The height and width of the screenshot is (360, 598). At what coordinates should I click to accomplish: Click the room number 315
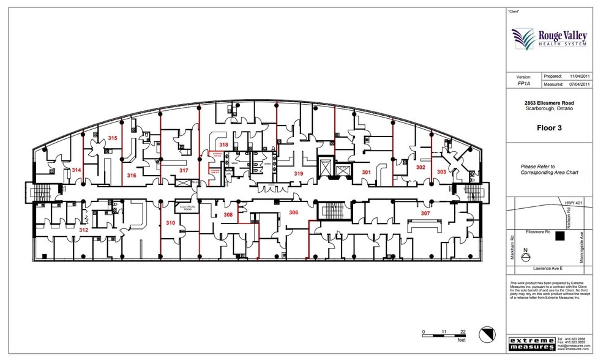click(113, 138)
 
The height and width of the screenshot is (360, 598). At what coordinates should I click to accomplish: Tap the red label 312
click(84, 230)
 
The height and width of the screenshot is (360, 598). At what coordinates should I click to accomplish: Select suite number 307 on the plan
click(425, 213)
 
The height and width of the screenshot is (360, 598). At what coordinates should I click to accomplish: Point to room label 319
click(299, 174)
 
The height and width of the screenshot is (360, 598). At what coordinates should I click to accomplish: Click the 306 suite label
click(294, 212)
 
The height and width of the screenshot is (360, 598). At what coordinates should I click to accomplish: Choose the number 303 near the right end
click(441, 173)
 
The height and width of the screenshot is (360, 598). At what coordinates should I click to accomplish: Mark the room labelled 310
click(170, 223)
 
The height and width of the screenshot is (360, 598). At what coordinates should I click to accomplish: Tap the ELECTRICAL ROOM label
click(187, 208)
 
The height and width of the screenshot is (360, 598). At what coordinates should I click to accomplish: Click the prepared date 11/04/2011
click(579, 76)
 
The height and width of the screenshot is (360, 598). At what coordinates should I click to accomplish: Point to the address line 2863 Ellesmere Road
click(549, 103)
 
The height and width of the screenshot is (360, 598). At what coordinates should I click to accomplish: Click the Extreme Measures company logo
click(531, 343)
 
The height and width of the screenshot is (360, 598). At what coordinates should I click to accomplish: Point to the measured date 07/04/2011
click(579, 84)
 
